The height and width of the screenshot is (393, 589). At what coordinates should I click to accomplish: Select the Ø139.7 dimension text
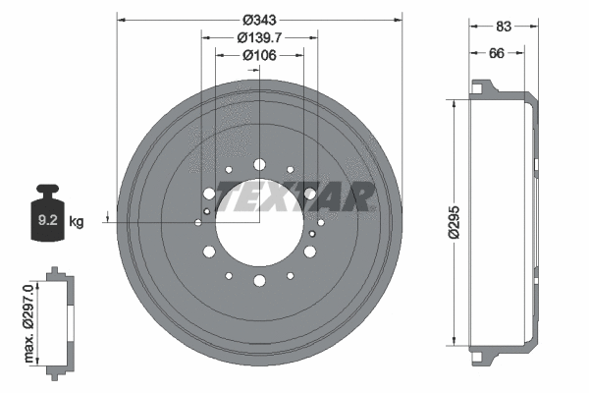point(259,37)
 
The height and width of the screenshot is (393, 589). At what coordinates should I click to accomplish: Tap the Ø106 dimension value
point(259,55)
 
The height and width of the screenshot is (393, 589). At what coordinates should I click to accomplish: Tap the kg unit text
point(78,222)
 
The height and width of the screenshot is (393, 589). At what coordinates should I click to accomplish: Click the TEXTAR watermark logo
point(294,196)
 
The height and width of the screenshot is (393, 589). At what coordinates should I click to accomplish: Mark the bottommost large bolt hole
point(259,281)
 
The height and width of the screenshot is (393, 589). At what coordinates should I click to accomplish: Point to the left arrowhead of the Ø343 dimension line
point(120,19)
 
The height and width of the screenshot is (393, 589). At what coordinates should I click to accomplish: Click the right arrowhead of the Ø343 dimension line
point(400,19)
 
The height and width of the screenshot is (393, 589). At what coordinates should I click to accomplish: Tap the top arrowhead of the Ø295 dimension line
point(455,103)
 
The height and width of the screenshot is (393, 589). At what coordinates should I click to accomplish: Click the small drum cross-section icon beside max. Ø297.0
point(59,319)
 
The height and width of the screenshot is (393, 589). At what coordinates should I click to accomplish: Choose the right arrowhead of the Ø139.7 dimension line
point(314,37)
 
